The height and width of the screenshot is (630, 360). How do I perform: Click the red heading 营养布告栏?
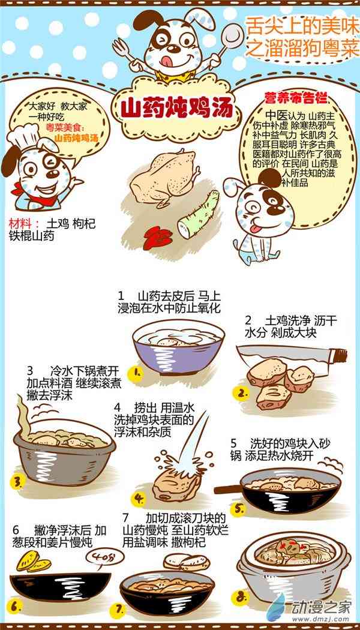[x=296, y=97]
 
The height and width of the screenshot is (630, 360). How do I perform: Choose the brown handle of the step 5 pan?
[x=227, y=490]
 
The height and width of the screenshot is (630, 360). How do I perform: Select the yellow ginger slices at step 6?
[x=34, y=562]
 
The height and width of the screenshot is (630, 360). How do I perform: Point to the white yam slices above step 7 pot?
[x=187, y=561]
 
